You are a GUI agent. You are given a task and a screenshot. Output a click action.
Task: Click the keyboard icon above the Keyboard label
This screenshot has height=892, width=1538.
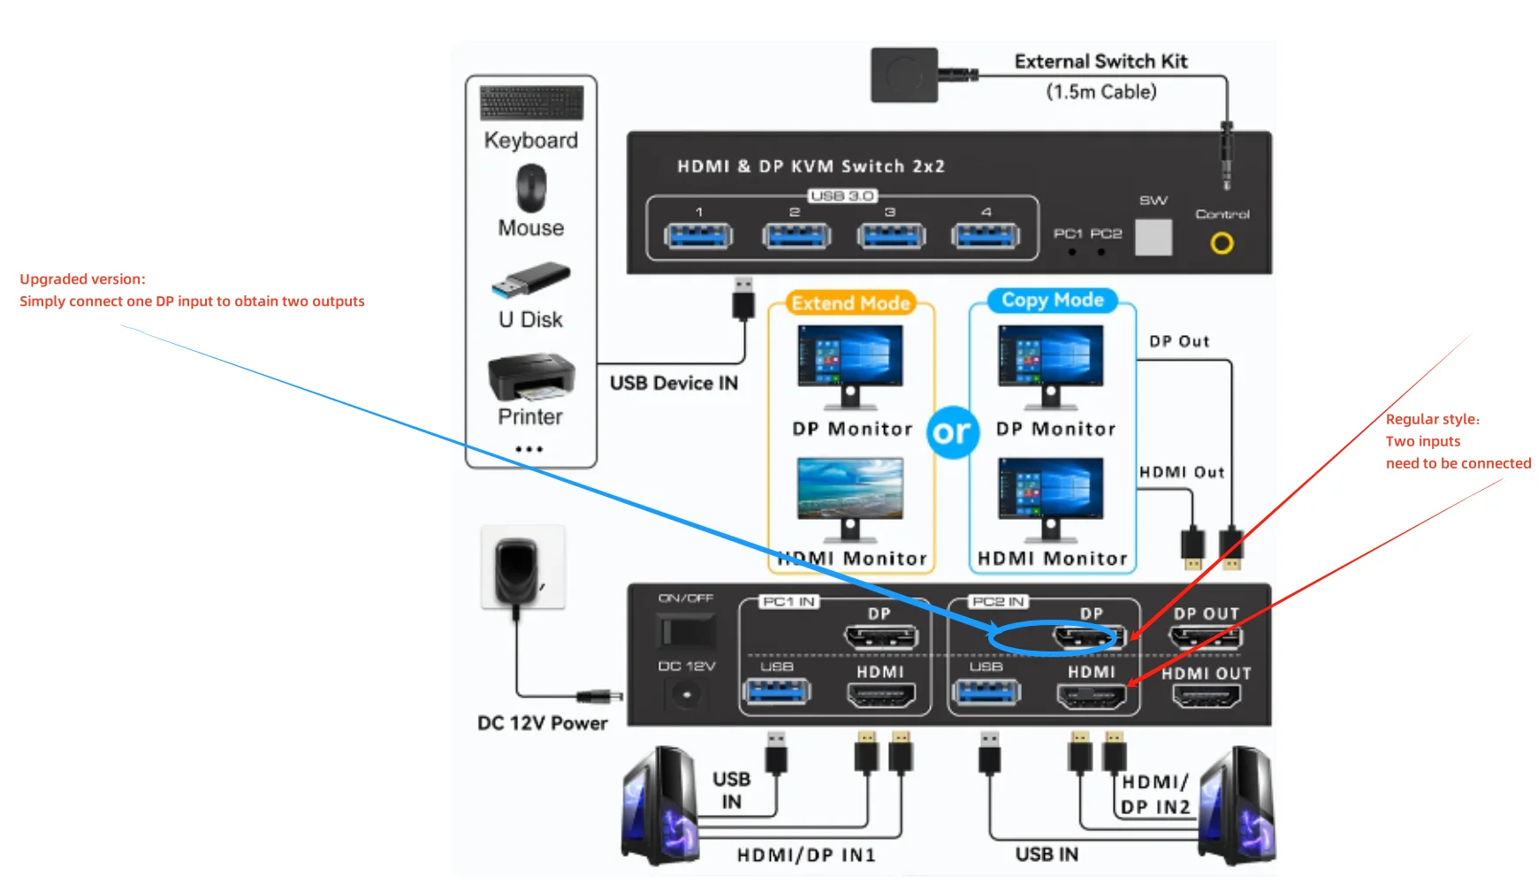point(531,103)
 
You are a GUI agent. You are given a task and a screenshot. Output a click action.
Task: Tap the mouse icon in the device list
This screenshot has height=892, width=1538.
point(531,188)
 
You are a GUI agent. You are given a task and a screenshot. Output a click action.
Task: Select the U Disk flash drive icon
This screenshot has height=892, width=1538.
point(530,279)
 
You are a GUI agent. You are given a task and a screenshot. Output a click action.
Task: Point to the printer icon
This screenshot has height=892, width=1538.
point(531,377)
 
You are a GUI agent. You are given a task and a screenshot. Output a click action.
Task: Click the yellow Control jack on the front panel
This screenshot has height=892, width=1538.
point(1222,243)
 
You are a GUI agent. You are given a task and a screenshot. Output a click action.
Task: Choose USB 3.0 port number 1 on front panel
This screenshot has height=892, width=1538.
point(698,236)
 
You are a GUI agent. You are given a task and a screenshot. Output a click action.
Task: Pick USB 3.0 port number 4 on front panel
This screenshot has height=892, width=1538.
point(986,236)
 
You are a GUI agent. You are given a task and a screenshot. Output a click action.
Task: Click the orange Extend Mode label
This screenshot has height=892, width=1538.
point(850,303)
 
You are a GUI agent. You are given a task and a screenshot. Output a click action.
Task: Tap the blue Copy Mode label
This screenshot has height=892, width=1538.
point(1052,301)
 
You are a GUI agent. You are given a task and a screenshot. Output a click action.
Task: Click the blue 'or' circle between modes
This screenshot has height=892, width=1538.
point(952,432)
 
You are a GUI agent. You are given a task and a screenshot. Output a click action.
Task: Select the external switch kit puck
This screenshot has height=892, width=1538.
point(903,75)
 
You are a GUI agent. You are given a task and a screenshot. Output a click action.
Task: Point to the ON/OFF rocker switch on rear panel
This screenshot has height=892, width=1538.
point(686,631)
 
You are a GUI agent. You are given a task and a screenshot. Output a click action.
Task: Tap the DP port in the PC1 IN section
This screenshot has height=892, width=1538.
point(881,637)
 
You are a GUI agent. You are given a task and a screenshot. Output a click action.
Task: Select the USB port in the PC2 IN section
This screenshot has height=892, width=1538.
point(986,691)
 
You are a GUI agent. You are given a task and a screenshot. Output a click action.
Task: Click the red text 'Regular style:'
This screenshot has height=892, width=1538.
point(1432,419)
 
